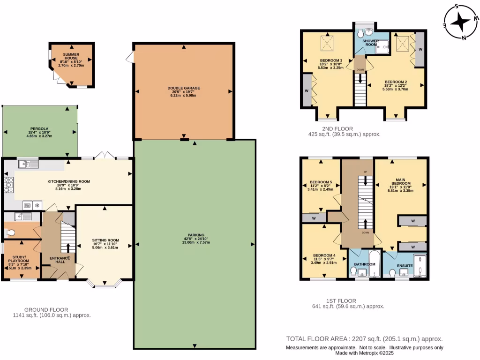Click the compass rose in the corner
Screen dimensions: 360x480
pyautogui.click(x=462, y=21)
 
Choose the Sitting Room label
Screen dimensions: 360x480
pyautogui.click(x=105, y=240)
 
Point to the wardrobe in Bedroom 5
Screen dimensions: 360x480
pyautogui.click(x=313, y=217)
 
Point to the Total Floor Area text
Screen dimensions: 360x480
pyautogui.click(x=364, y=339)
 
